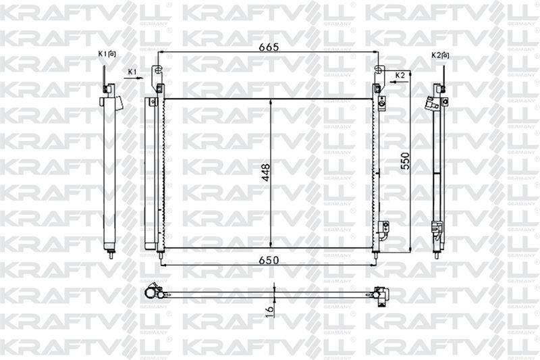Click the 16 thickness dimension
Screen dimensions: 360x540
click(x=269, y=311)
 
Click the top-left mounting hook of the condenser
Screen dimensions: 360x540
click(x=158, y=71)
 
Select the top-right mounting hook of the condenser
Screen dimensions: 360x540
click(x=379, y=71)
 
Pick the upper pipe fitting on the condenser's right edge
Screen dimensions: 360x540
click(x=381, y=104)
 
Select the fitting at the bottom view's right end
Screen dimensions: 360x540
click(x=381, y=293)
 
